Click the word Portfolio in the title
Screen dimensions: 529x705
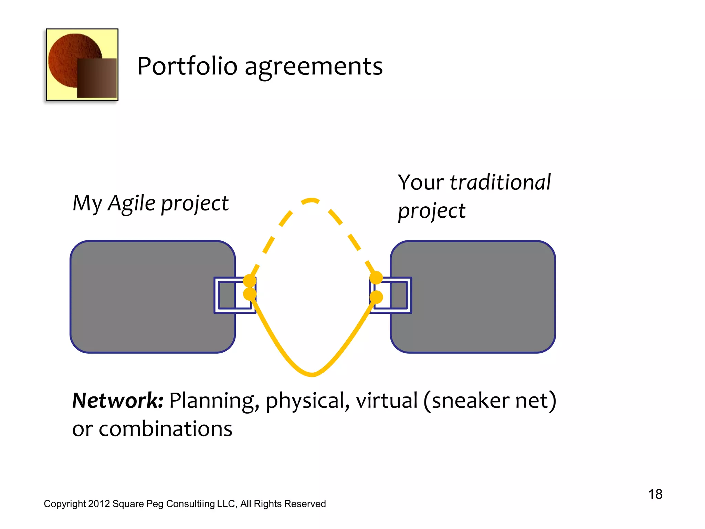(x=187, y=66)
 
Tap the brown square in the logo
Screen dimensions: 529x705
(x=97, y=78)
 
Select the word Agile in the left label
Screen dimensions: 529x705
(x=131, y=203)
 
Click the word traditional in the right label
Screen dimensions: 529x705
(x=500, y=182)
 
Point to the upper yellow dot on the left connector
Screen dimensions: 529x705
(x=250, y=281)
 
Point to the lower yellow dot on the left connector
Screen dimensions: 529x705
(x=250, y=294)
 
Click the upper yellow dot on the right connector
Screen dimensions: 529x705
(x=376, y=278)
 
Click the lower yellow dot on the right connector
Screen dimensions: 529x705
(x=376, y=297)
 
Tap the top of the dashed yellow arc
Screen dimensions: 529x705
(x=312, y=200)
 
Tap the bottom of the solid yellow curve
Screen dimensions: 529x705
(x=312, y=374)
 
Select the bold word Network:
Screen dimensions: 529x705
(x=117, y=401)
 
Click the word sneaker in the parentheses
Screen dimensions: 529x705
(x=470, y=401)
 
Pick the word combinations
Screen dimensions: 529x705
(x=165, y=429)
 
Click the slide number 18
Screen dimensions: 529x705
(x=655, y=494)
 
